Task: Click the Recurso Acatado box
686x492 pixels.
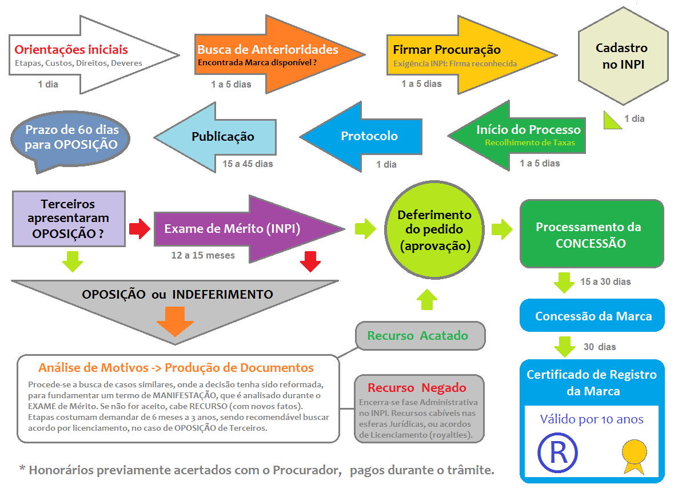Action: tap(420, 336)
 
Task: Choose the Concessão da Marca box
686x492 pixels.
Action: tap(593, 316)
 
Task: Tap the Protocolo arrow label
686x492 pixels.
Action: tap(369, 136)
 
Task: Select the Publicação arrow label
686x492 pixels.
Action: tap(222, 137)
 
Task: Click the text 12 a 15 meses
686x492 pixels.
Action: tap(203, 255)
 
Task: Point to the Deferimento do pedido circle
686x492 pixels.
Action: tap(434, 230)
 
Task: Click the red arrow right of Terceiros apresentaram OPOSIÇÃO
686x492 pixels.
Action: tap(138, 229)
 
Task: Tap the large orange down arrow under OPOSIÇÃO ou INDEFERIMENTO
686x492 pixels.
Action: tap(175, 322)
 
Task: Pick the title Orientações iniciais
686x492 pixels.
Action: tap(71, 50)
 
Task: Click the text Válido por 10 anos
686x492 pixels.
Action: tap(592, 419)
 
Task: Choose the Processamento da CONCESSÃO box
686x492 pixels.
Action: tap(592, 235)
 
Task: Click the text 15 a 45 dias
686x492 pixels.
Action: tap(248, 164)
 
